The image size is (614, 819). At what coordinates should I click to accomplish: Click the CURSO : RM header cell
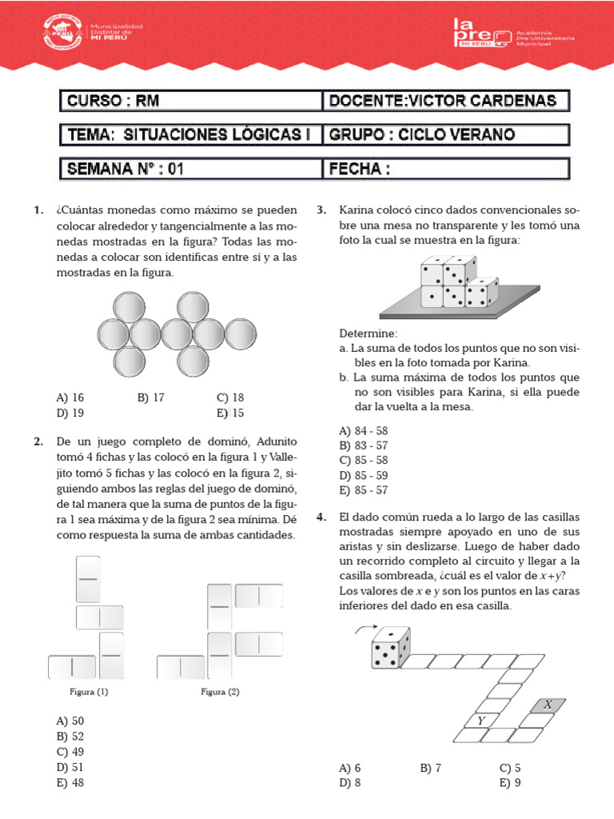pyautogui.click(x=191, y=101)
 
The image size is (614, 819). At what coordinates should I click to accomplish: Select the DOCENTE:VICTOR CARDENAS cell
pyautogui.click(x=447, y=101)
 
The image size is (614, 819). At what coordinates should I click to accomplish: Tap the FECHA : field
pyautogui.click(x=447, y=169)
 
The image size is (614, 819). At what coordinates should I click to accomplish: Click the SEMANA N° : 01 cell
pyautogui.click(x=191, y=169)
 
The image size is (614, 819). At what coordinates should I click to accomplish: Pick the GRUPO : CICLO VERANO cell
pyautogui.click(x=447, y=134)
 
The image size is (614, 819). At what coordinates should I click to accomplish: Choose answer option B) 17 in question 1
pyautogui.click(x=150, y=398)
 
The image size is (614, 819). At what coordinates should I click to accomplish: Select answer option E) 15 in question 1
pyautogui.click(x=230, y=413)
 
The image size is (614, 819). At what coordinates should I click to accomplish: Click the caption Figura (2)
pyautogui.click(x=220, y=692)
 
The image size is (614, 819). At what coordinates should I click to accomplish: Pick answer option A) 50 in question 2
pyautogui.click(x=70, y=721)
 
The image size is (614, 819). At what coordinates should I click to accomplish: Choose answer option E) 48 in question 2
pyautogui.click(x=70, y=783)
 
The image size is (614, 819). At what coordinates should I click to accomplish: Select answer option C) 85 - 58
pyautogui.click(x=364, y=460)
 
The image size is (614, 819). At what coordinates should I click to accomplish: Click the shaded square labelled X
pyautogui.click(x=548, y=705)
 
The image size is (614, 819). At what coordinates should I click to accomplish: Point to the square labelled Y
pyautogui.click(x=481, y=721)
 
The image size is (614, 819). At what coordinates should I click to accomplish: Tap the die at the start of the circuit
pyautogui.click(x=390, y=648)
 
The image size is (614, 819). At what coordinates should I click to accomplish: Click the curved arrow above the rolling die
pyautogui.click(x=362, y=630)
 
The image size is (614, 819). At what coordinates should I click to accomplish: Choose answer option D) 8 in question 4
pyautogui.click(x=350, y=783)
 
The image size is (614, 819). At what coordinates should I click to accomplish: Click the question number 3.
pyautogui.click(x=321, y=210)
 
